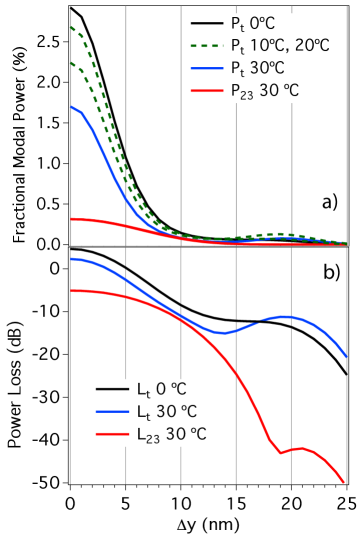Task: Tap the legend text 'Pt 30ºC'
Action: (261, 69)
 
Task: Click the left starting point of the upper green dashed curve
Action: (71, 27)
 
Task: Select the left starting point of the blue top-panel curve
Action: (71, 105)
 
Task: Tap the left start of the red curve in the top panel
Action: (71, 218)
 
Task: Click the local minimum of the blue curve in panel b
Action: (222, 332)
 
